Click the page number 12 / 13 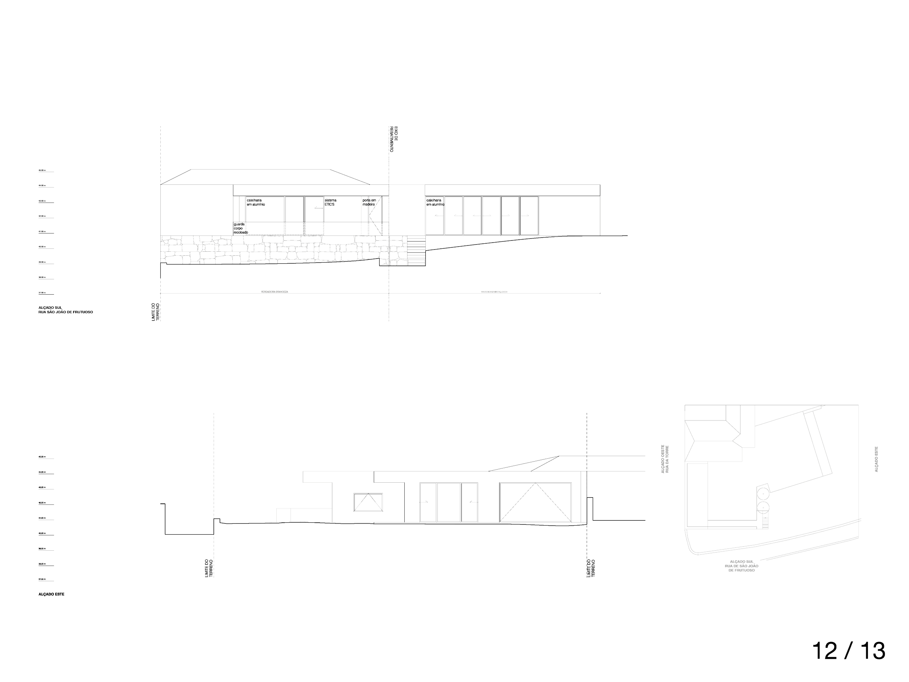849,651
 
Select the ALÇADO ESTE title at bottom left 51,594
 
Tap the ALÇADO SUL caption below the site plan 742,566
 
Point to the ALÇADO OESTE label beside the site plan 665,459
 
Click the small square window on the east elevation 369,502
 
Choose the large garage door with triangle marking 536,502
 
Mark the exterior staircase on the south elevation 416,250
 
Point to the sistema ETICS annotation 331,202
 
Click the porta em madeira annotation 369,202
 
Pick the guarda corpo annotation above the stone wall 240,228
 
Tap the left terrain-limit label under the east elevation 209,569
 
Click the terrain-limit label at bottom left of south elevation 154,311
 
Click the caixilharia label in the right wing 435,202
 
